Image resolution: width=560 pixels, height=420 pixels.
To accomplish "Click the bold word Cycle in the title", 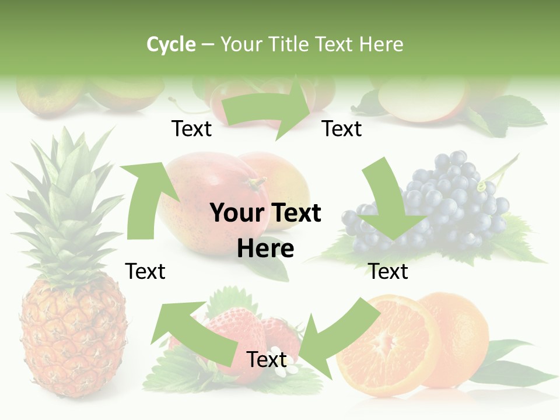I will (171, 44).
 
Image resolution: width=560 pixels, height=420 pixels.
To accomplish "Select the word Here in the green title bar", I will (381, 44).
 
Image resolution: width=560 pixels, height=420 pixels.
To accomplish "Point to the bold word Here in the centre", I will (265, 249).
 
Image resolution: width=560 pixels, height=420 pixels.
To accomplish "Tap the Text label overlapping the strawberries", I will (267, 360).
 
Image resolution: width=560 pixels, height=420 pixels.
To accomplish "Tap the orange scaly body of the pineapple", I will (73, 338).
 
